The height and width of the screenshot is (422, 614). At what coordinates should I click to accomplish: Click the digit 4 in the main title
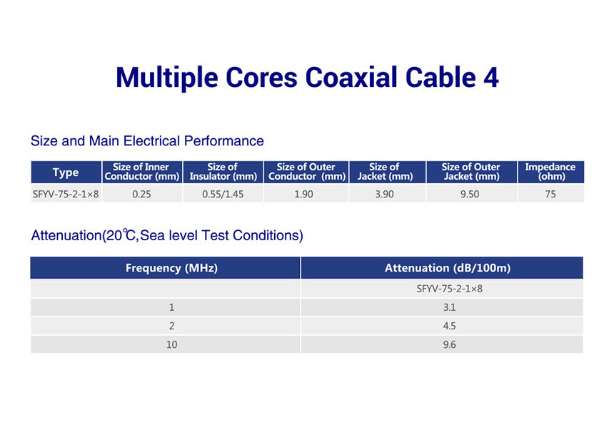click(491, 77)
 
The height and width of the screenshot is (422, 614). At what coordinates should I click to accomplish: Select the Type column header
click(66, 173)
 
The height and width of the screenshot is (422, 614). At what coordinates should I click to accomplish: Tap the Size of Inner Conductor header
click(142, 172)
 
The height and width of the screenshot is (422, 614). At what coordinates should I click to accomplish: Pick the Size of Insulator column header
click(223, 172)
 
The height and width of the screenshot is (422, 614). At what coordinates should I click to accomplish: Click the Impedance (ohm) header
click(550, 172)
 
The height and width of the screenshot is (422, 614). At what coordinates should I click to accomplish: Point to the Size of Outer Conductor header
click(306, 172)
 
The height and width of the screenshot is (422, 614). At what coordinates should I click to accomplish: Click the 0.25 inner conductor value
click(141, 194)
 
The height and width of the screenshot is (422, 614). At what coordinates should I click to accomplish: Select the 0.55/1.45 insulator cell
click(223, 194)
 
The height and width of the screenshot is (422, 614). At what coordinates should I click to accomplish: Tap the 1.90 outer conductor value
click(304, 194)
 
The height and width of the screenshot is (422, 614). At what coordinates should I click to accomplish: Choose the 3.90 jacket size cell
click(385, 194)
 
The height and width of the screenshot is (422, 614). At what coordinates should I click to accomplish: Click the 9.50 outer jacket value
click(470, 194)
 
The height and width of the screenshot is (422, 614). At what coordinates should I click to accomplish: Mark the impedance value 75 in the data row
click(550, 194)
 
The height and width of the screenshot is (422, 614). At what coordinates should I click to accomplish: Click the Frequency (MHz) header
click(171, 268)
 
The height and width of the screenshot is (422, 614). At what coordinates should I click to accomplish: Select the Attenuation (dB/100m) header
click(448, 268)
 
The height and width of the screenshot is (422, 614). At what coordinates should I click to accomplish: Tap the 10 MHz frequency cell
click(171, 344)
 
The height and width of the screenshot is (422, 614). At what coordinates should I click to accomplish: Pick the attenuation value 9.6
click(450, 344)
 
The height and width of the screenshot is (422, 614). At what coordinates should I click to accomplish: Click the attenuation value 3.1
click(450, 307)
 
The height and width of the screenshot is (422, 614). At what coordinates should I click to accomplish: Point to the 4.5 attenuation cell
click(450, 326)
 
